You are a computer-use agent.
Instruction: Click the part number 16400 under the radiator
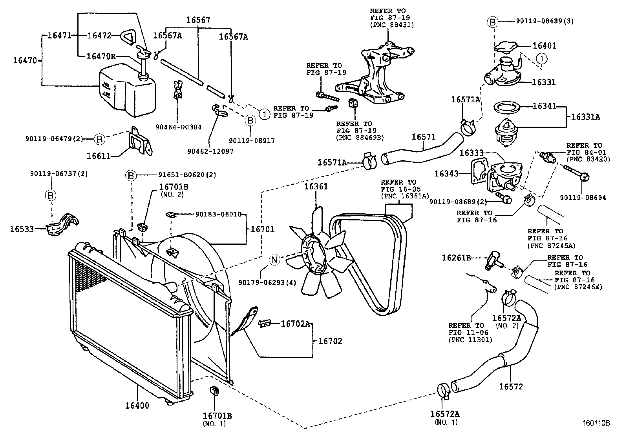click(x=137, y=406)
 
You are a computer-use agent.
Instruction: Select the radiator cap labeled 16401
click(x=506, y=48)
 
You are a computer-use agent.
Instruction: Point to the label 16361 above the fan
click(x=316, y=187)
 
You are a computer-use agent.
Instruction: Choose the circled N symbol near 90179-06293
click(x=275, y=260)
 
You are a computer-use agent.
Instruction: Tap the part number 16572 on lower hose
click(x=511, y=387)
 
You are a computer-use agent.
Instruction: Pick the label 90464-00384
click(x=178, y=127)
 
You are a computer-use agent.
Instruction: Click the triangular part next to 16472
click(x=127, y=36)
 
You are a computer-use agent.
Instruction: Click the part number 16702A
click(x=296, y=324)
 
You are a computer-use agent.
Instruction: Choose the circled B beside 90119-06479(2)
click(x=99, y=138)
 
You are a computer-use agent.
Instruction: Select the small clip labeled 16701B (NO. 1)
click(x=214, y=391)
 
